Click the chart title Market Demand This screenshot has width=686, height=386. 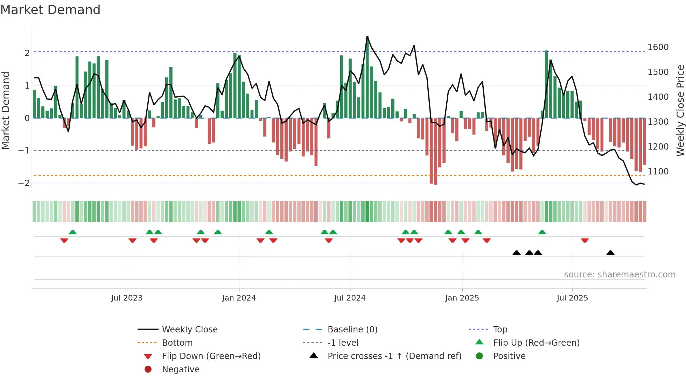(x=50, y=10)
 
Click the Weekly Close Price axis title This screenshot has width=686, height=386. (x=680, y=110)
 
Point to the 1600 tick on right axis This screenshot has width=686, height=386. (x=658, y=47)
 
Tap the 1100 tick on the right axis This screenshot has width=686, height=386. (x=658, y=172)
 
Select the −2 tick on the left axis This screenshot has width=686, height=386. (x=24, y=183)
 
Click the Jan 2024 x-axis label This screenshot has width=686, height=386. (x=239, y=298)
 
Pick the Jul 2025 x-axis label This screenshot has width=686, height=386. (x=572, y=298)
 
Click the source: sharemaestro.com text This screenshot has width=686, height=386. (x=619, y=275)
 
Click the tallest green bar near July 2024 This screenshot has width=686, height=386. (x=367, y=77)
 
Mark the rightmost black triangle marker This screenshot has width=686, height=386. (x=610, y=253)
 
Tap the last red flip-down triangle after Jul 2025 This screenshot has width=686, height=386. (x=585, y=240)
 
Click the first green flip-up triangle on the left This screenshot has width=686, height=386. (x=73, y=232)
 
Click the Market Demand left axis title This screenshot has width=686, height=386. (x=6, y=110)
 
